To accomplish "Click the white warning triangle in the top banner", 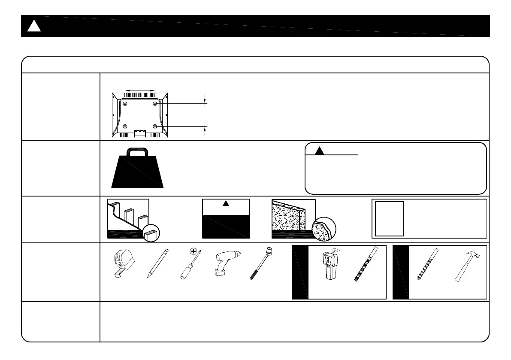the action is (34, 26).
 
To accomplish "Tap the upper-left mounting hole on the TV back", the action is (125, 103).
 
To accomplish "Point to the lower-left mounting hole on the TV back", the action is (125, 126).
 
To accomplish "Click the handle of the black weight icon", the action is (138, 150).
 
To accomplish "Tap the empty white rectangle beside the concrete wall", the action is (390, 218).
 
